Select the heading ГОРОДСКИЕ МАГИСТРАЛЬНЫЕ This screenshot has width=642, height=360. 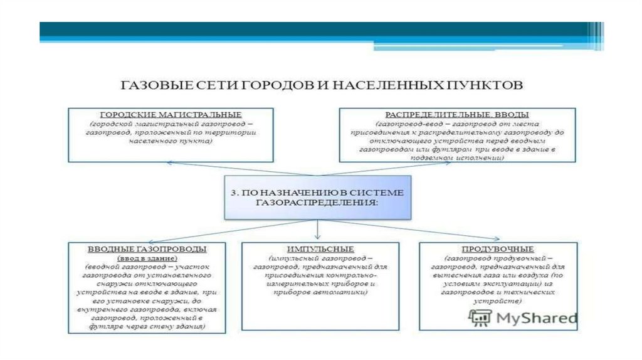[171, 115]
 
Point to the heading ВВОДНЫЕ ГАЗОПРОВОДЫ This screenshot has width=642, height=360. [147, 249]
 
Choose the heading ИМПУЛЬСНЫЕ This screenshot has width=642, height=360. [319, 249]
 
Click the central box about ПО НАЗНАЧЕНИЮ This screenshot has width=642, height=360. [318, 198]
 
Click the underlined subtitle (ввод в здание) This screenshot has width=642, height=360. [147, 258]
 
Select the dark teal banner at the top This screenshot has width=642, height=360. [313, 32]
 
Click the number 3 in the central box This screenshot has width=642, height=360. [233, 192]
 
